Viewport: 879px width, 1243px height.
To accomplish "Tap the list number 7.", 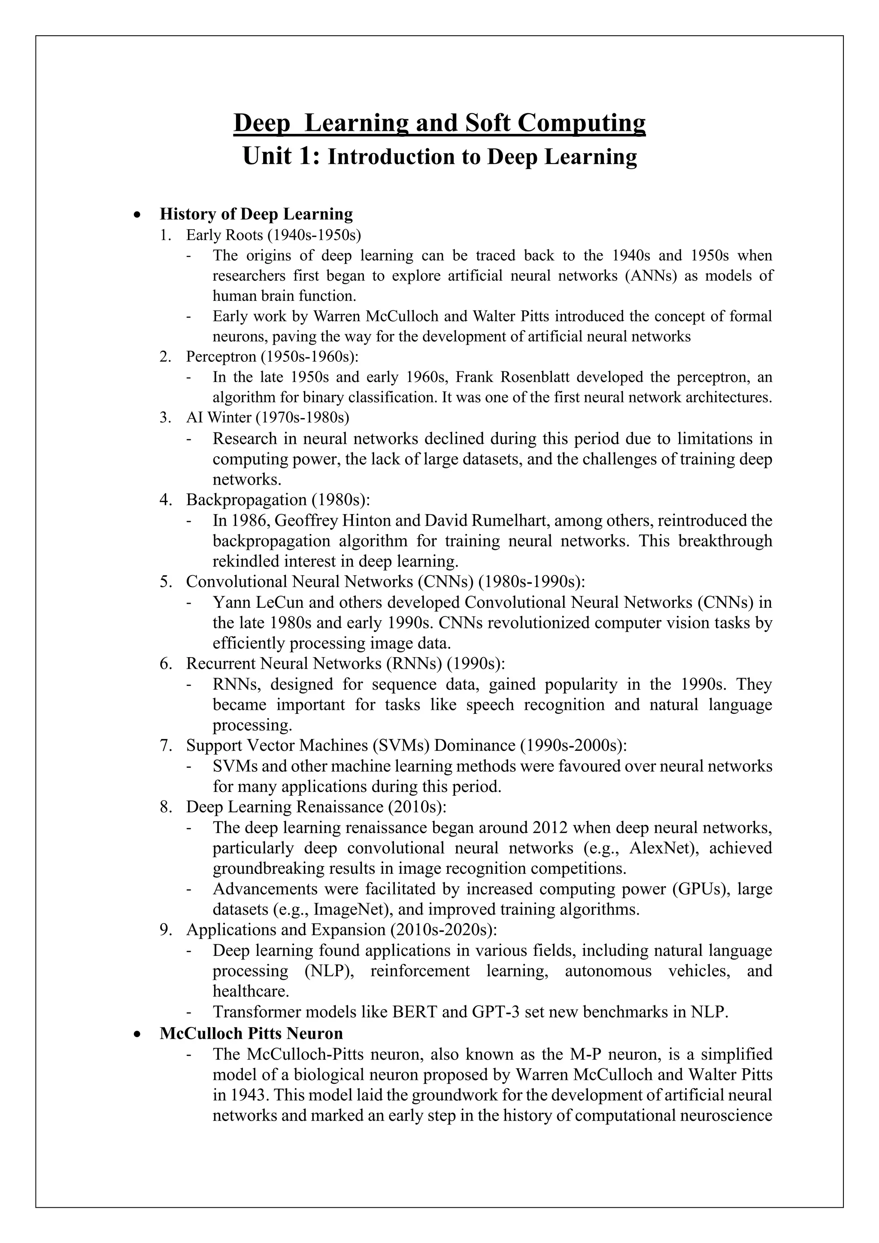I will pyautogui.click(x=166, y=746).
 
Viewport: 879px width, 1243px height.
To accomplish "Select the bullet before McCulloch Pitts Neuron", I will pyautogui.click(x=138, y=1034).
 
